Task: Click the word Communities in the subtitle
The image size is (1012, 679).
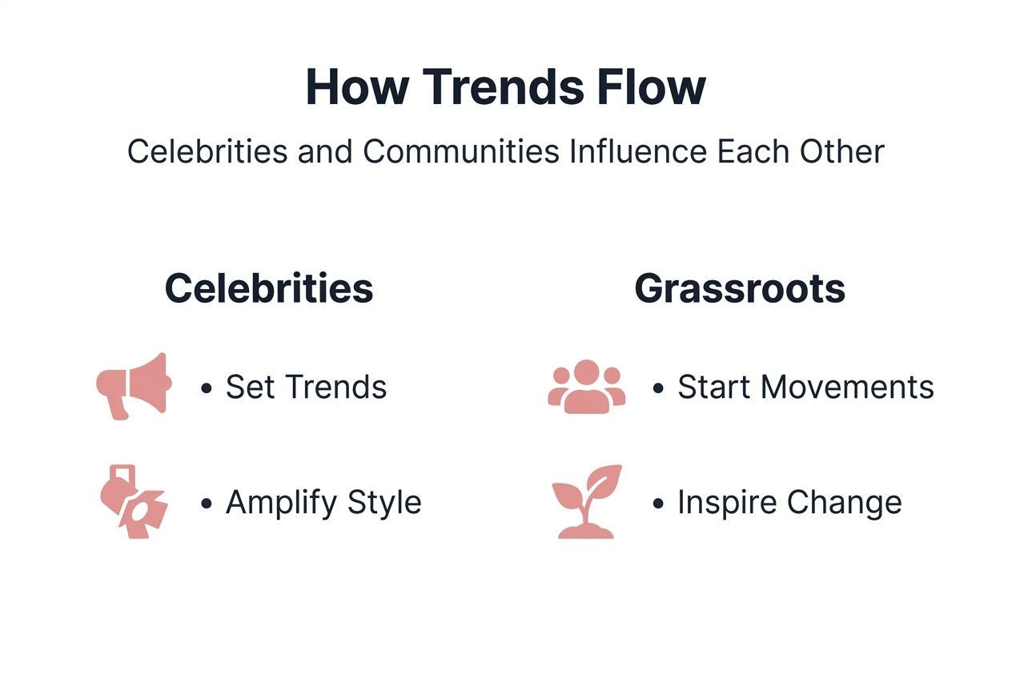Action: (x=461, y=151)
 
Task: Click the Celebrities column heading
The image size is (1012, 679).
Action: (x=269, y=288)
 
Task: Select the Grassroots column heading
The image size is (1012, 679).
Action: (x=740, y=288)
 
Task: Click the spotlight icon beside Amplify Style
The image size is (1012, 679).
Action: (x=133, y=502)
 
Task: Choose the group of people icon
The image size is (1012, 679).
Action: (x=587, y=387)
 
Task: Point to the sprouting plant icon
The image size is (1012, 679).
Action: (x=587, y=502)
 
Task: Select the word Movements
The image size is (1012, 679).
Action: (x=847, y=388)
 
